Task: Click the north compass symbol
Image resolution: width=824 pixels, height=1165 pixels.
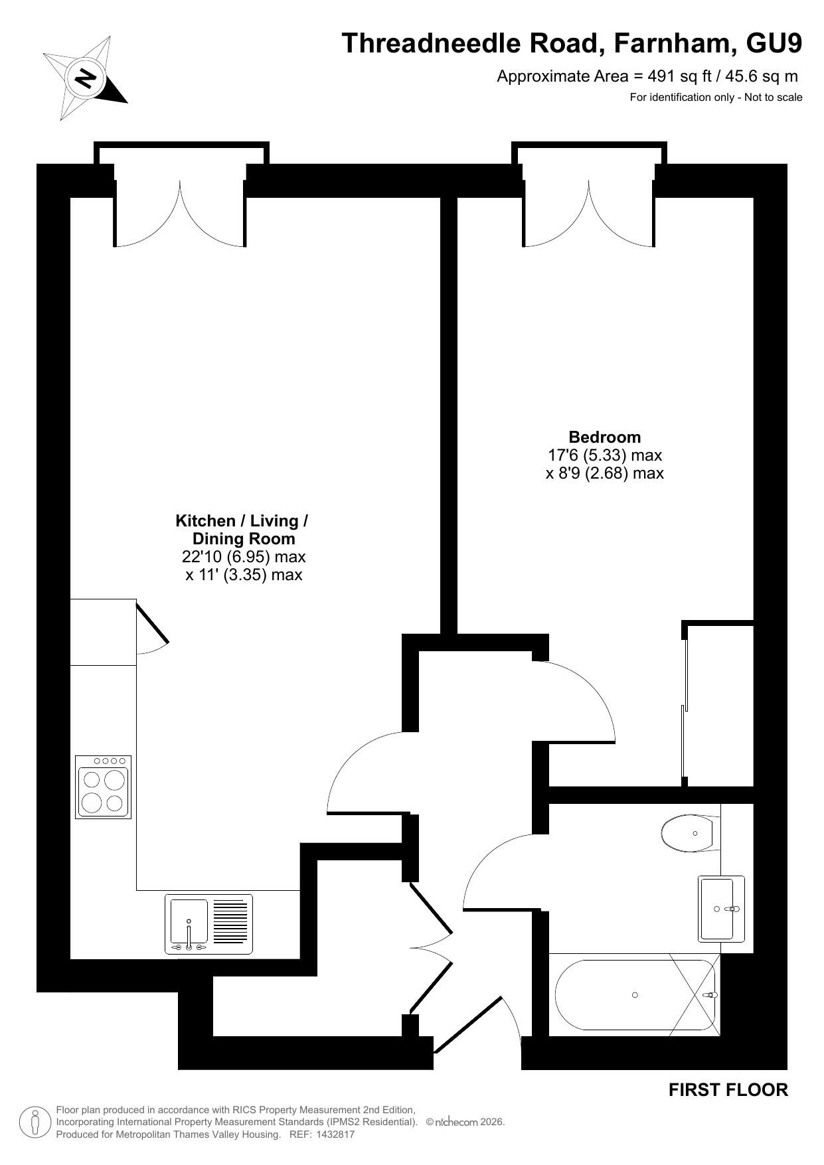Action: tap(85, 79)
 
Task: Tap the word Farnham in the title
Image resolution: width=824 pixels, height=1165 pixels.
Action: tap(673, 43)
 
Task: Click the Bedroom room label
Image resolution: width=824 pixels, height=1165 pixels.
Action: tap(605, 437)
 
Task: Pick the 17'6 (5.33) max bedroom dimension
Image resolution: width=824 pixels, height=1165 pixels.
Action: tap(605, 455)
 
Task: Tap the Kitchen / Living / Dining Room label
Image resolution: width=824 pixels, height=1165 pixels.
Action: tap(242, 530)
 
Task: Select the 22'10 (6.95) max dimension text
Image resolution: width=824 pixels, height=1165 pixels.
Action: tap(244, 557)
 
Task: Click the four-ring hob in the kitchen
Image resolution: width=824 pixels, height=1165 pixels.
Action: tap(103, 787)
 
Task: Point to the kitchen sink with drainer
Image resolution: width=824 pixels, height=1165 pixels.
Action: tap(208, 924)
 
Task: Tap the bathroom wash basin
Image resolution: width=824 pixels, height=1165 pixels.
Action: tap(721, 908)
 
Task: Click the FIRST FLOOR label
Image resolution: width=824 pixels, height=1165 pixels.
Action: tap(728, 1090)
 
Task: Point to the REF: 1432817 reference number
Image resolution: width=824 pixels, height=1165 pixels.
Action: tap(323, 1134)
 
